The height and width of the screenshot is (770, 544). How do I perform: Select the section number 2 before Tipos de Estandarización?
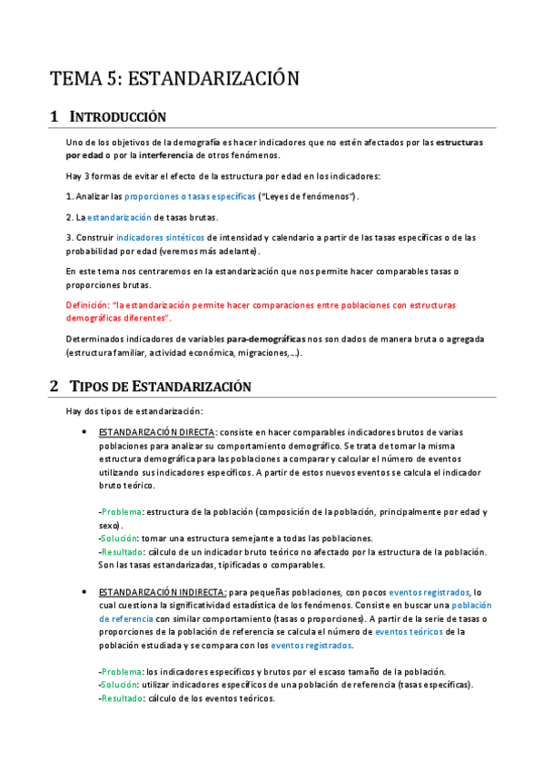click(54, 386)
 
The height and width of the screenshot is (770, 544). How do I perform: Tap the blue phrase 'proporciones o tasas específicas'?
click(191, 196)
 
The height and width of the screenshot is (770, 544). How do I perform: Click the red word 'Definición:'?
click(91, 305)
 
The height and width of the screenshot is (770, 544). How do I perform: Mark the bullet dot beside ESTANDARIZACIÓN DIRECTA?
click(84, 432)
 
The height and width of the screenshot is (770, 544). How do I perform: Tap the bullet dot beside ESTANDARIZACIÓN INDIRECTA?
click(84, 590)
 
